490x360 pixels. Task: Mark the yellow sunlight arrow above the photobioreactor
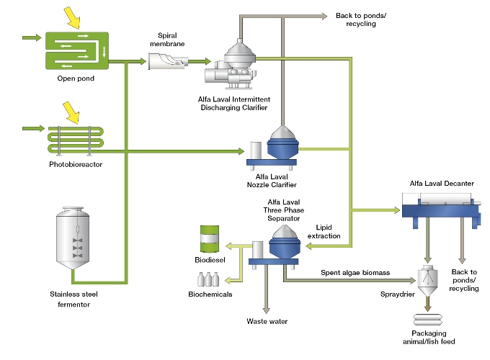[72, 110]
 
